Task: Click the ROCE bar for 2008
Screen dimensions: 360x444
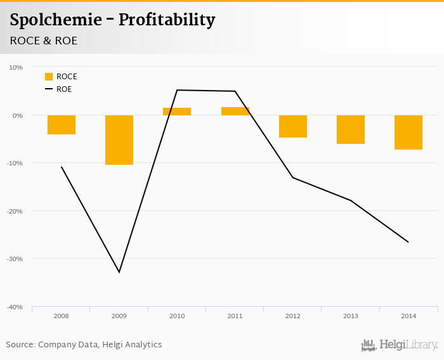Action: click(62, 125)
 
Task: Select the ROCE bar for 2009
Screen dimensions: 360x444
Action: click(119, 140)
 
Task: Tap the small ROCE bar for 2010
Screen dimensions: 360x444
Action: click(177, 112)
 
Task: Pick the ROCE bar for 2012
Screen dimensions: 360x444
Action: click(293, 126)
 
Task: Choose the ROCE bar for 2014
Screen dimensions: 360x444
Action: click(408, 132)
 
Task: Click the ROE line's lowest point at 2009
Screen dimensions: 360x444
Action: click(119, 273)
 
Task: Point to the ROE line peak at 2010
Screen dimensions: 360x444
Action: click(177, 90)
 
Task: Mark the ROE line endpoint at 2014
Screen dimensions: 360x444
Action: click(408, 242)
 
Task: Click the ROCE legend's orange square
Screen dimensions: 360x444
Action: click(49, 77)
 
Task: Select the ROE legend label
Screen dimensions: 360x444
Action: click(64, 89)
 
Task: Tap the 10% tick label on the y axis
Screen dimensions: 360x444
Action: click(15, 67)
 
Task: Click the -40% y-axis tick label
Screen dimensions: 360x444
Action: click(14, 307)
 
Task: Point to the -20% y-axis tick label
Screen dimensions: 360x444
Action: click(14, 211)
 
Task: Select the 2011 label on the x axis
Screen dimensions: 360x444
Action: click(235, 316)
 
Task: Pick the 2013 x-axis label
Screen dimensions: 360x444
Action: click(351, 316)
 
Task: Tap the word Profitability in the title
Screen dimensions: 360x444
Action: click(167, 20)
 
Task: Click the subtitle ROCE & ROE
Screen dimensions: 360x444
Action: click(43, 41)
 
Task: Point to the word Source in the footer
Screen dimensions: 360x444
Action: click(20, 345)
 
